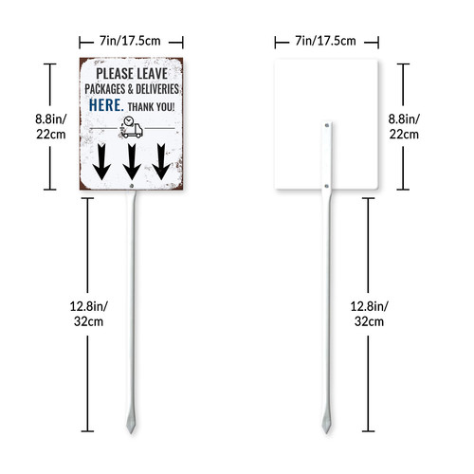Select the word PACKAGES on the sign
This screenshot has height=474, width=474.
click(x=105, y=89)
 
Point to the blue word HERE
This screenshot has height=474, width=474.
click(x=106, y=105)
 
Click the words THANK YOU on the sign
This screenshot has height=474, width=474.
click(x=151, y=107)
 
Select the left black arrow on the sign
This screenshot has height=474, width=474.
click(x=101, y=162)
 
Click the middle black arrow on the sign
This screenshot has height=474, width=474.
click(x=132, y=162)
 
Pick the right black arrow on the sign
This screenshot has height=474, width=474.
click(x=161, y=162)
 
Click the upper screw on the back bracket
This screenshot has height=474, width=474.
click(x=327, y=125)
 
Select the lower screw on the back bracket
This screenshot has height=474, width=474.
click(x=327, y=186)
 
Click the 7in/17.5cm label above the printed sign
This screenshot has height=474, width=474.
click(x=130, y=41)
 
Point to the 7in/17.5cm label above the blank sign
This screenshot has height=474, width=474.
click(x=325, y=41)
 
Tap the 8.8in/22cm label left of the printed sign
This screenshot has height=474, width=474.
click(x=51, y=127)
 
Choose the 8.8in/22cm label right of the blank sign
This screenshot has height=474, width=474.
click(x=404, y=127)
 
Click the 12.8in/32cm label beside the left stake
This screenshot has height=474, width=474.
click(x=89, y=314)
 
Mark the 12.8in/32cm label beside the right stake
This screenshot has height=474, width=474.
click(x=370, y=314)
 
